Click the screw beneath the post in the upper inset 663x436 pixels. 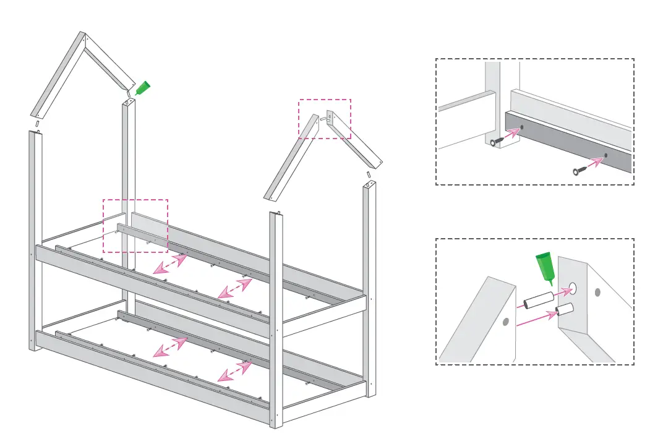pyautogui.click(x=496, y=142)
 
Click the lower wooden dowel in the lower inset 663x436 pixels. pyautogui.click(x=564, y=310)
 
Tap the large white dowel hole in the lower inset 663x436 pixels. pyautogui.click(x=573, y=288)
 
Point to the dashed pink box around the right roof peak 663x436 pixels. pyautogui.click(x=325, y=119)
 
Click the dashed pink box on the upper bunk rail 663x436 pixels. pyautogui.click(x=135, y=226)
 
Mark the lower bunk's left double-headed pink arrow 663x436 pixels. pyautogui.click(x=170, y=347)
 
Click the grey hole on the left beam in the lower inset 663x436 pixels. pyautogui.click(x=505, y=322)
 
